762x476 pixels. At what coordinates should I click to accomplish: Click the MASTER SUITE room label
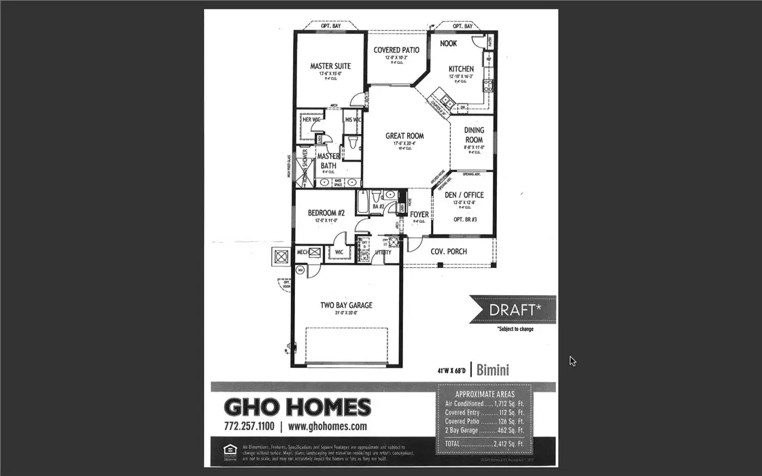[330, 66]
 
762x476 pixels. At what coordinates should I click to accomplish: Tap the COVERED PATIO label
[396, 50]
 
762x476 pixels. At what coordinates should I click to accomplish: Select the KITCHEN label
[461, 69]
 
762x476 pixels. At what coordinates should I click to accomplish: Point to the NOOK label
[449, 44]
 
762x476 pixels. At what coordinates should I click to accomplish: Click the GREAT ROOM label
[404, 136]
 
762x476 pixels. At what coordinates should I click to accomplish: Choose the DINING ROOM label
[474, 135]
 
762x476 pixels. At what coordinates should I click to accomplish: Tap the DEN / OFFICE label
[464, 195]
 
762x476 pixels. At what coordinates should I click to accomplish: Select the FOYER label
[419, 215]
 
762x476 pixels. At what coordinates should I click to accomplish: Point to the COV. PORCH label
[449, 252]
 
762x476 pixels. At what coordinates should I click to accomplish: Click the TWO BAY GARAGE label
[347, 305]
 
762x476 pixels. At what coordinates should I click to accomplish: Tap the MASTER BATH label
[328, 160]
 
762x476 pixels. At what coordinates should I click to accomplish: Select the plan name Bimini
[493, 371]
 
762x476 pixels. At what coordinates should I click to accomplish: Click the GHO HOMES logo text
[298, 407]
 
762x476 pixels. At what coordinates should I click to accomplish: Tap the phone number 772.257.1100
[248, 426]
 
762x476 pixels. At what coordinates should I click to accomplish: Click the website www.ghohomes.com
[327, 426]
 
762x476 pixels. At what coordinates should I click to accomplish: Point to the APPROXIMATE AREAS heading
[485, 394]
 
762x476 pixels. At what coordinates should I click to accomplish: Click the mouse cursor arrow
[572, 360]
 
